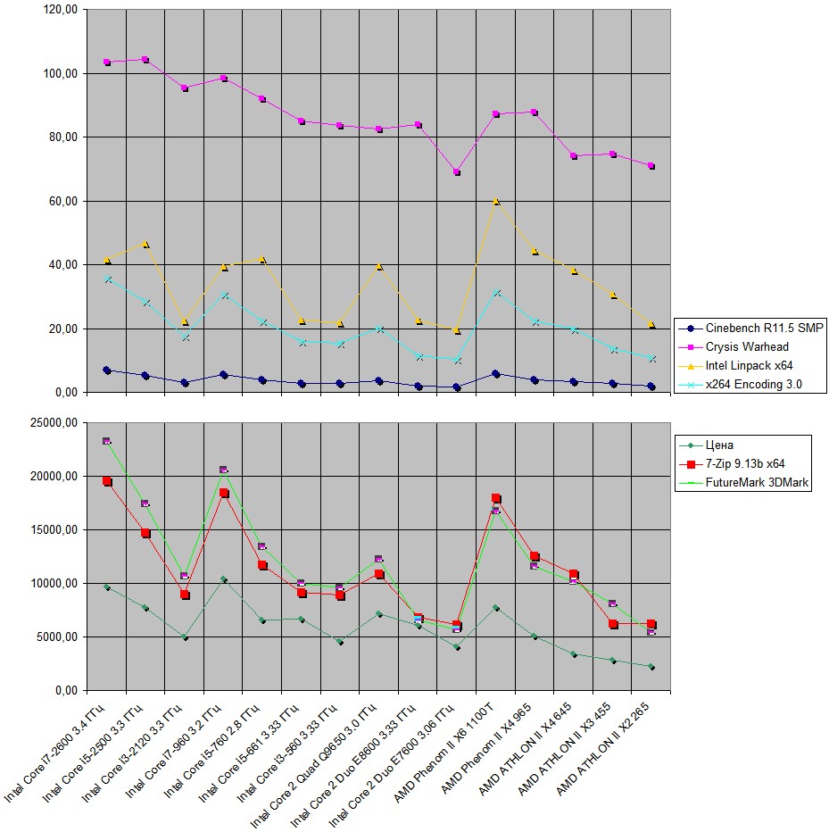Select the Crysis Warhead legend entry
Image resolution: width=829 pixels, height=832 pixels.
tap(747, 347)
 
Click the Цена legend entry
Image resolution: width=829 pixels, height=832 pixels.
tap(718, 445)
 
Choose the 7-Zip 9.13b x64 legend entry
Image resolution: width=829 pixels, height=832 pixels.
tap(744, 463)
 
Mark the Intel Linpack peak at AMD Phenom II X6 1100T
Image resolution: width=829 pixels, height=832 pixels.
tap(496, 201)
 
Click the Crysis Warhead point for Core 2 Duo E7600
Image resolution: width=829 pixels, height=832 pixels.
tap(457, 172)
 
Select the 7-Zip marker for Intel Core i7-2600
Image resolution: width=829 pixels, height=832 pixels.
tap(107, 481)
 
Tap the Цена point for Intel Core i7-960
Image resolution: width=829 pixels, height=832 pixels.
tap(224, 579)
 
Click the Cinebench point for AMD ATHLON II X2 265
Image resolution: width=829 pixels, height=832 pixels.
tap(651, 387)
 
